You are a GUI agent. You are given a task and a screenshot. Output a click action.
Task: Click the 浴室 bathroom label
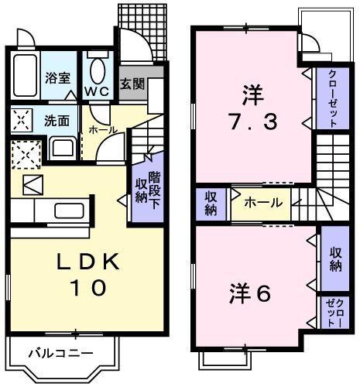[57, 78]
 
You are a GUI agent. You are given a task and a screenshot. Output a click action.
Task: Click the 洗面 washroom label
[56, 121]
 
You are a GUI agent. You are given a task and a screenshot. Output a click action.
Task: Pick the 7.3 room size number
[255, 122]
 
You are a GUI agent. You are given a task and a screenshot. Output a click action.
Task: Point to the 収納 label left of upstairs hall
[211, 204]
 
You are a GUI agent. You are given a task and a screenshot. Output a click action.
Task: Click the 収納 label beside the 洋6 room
[335, 259]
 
